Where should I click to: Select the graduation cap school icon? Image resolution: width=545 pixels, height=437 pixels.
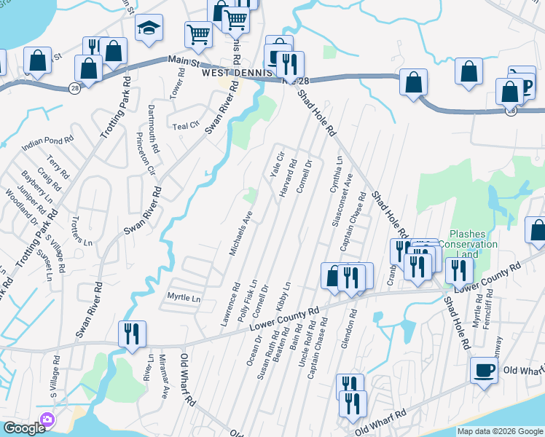pyautogui.click(x=149, y=29)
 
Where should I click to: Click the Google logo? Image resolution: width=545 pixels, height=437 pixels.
pyautogui.click(x=23, y=428)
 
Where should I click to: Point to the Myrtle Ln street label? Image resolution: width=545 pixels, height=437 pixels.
pyautogui.click(x=184, y=298)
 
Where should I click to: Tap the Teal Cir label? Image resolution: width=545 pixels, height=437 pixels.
pyautogui.click(x=185, y=126)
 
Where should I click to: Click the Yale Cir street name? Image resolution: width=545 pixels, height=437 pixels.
pyautogui.click(x=277, y=164)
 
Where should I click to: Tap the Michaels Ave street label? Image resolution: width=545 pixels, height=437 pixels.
pyautogui.click(x=241, y=233)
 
